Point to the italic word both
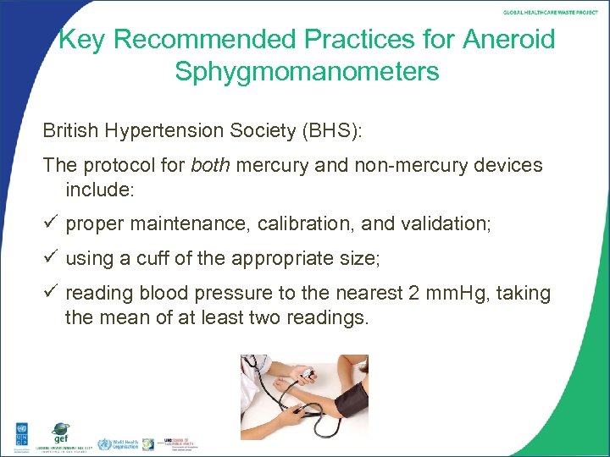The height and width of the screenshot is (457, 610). click(x=210, y=165)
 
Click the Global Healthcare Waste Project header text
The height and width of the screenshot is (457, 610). click(x=551, y=13)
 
